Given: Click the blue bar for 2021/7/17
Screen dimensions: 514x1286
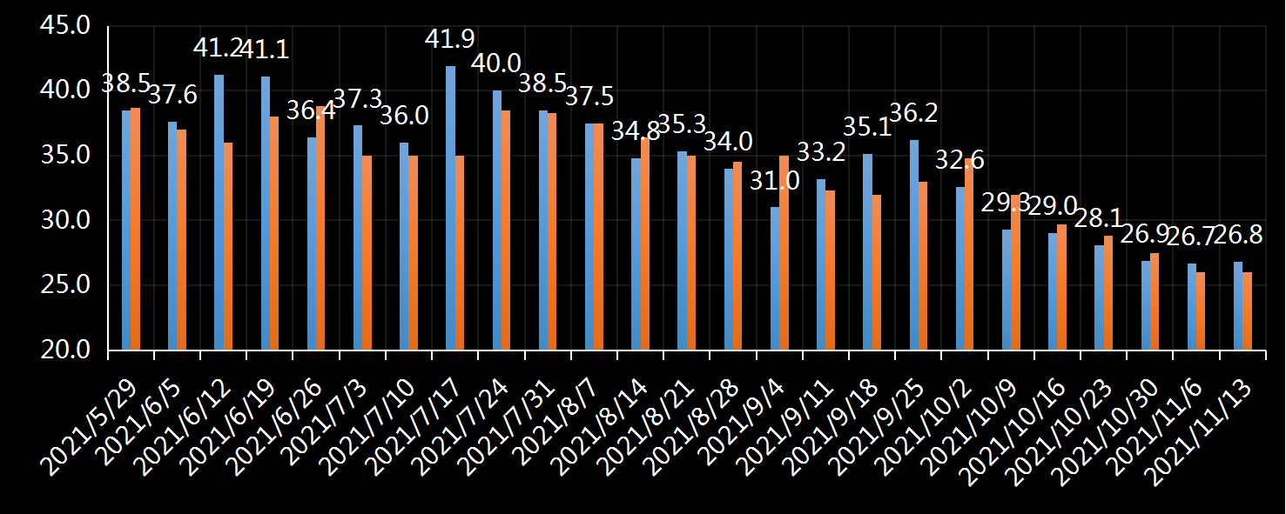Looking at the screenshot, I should [450, 209].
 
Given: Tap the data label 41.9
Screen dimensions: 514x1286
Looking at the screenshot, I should [449, 39].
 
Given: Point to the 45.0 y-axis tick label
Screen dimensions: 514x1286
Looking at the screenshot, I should [65, 25].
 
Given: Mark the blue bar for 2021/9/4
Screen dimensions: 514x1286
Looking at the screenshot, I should [775, 278].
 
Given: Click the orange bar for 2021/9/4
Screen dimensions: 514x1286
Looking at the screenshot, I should [784, 253].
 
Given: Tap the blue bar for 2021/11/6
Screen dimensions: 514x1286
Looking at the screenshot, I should [1192, 307].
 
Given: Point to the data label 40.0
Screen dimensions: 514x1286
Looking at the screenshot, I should [495, 63].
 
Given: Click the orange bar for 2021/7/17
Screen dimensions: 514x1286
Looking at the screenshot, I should [460, 253].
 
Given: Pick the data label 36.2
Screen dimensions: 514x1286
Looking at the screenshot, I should [912, 113].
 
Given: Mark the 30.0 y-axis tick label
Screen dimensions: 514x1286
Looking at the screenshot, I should [65, 220].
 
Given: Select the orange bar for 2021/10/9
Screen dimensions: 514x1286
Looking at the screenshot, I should [1016, 272].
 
